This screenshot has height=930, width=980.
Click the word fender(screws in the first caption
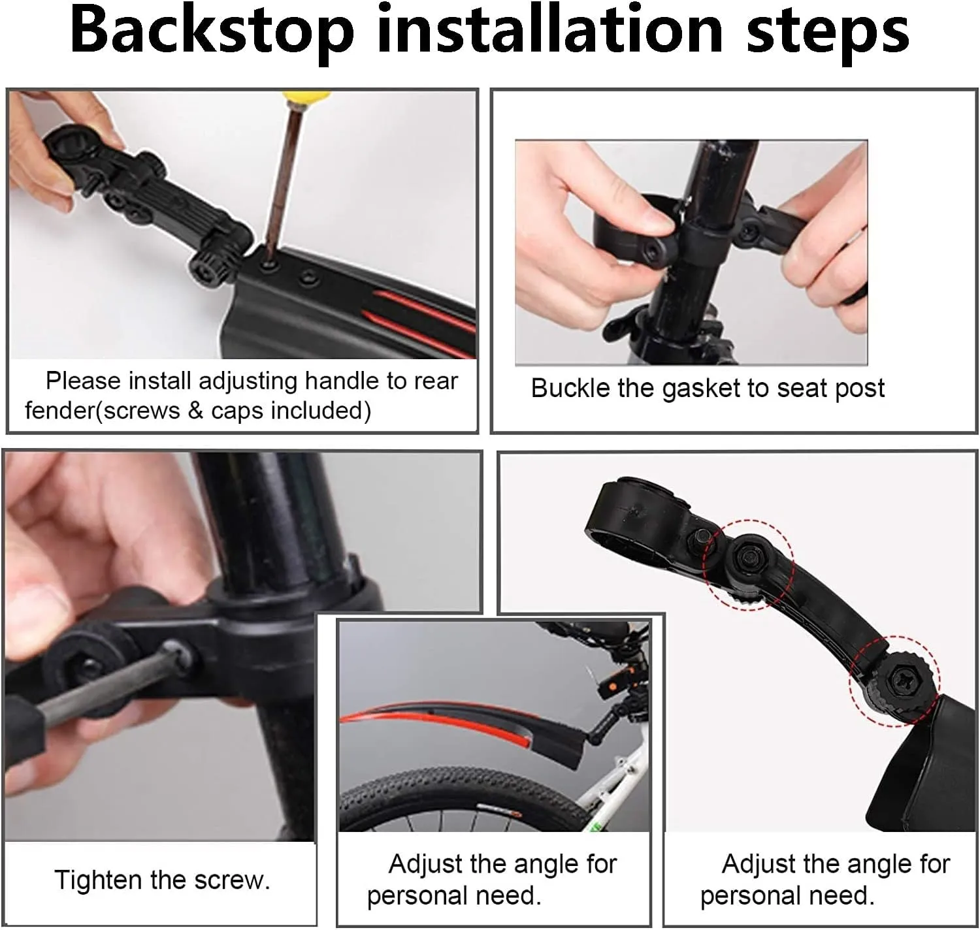[x=102, y=411]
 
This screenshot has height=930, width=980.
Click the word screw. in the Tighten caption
[x=232, y=880]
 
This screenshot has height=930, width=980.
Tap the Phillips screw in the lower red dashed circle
[x=895, y=679]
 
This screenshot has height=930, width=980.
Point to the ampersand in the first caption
[x=196, y=411]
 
